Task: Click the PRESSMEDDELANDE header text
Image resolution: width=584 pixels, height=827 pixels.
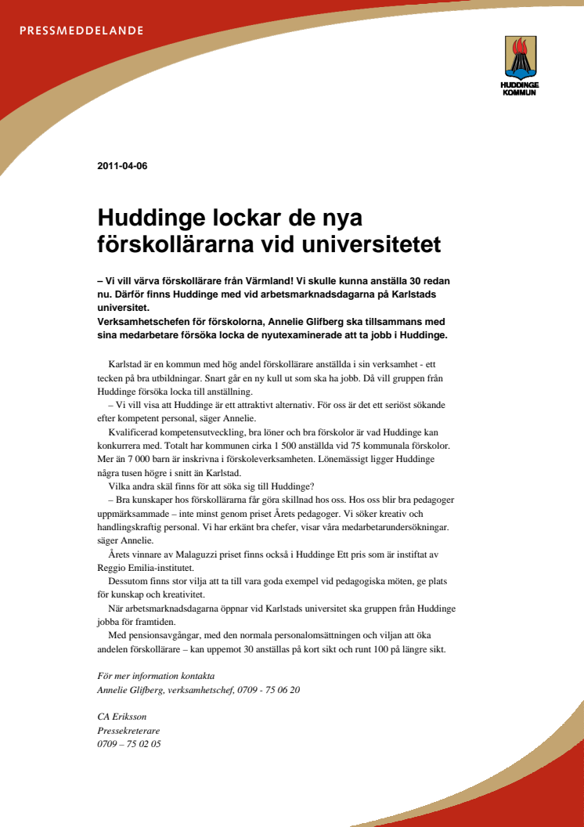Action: tap(81, 31)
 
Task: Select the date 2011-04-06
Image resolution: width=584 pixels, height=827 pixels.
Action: tap(122, 166)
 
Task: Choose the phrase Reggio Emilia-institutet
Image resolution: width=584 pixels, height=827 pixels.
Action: tap(146, 567)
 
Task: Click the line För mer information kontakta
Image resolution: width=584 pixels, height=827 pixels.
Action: tap(156, 676)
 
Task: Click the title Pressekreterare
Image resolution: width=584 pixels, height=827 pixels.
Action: tap(129, 731)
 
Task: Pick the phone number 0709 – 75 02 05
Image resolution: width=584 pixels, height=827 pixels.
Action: tap(129, 744)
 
